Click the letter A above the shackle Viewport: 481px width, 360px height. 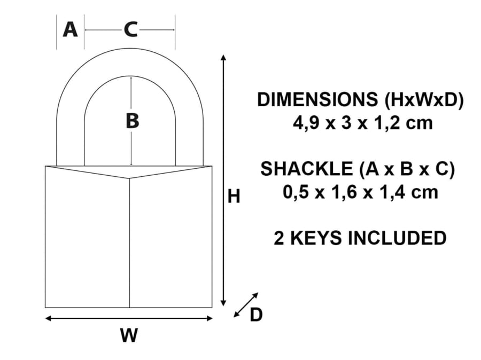click(x=70, y=30)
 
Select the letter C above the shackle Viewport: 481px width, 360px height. click(x=130, y=30)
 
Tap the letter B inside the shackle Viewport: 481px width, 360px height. click(x=132, y=121)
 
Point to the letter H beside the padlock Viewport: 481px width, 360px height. click(x=234, y=197)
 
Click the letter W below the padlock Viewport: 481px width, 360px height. click(x=129, y=335)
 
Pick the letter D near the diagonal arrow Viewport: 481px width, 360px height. click(x=257, y=316)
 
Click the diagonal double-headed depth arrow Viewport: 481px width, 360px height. click(x=246, y=305)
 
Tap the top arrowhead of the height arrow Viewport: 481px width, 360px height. click(x=224, y=57)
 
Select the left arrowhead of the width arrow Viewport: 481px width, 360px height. click(x=48, y=319)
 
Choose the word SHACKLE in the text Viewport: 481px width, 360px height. click(x=305, y=169)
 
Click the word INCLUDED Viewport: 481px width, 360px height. click(x=397, y=238)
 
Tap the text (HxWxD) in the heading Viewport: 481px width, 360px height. click(x=418, y=100)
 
